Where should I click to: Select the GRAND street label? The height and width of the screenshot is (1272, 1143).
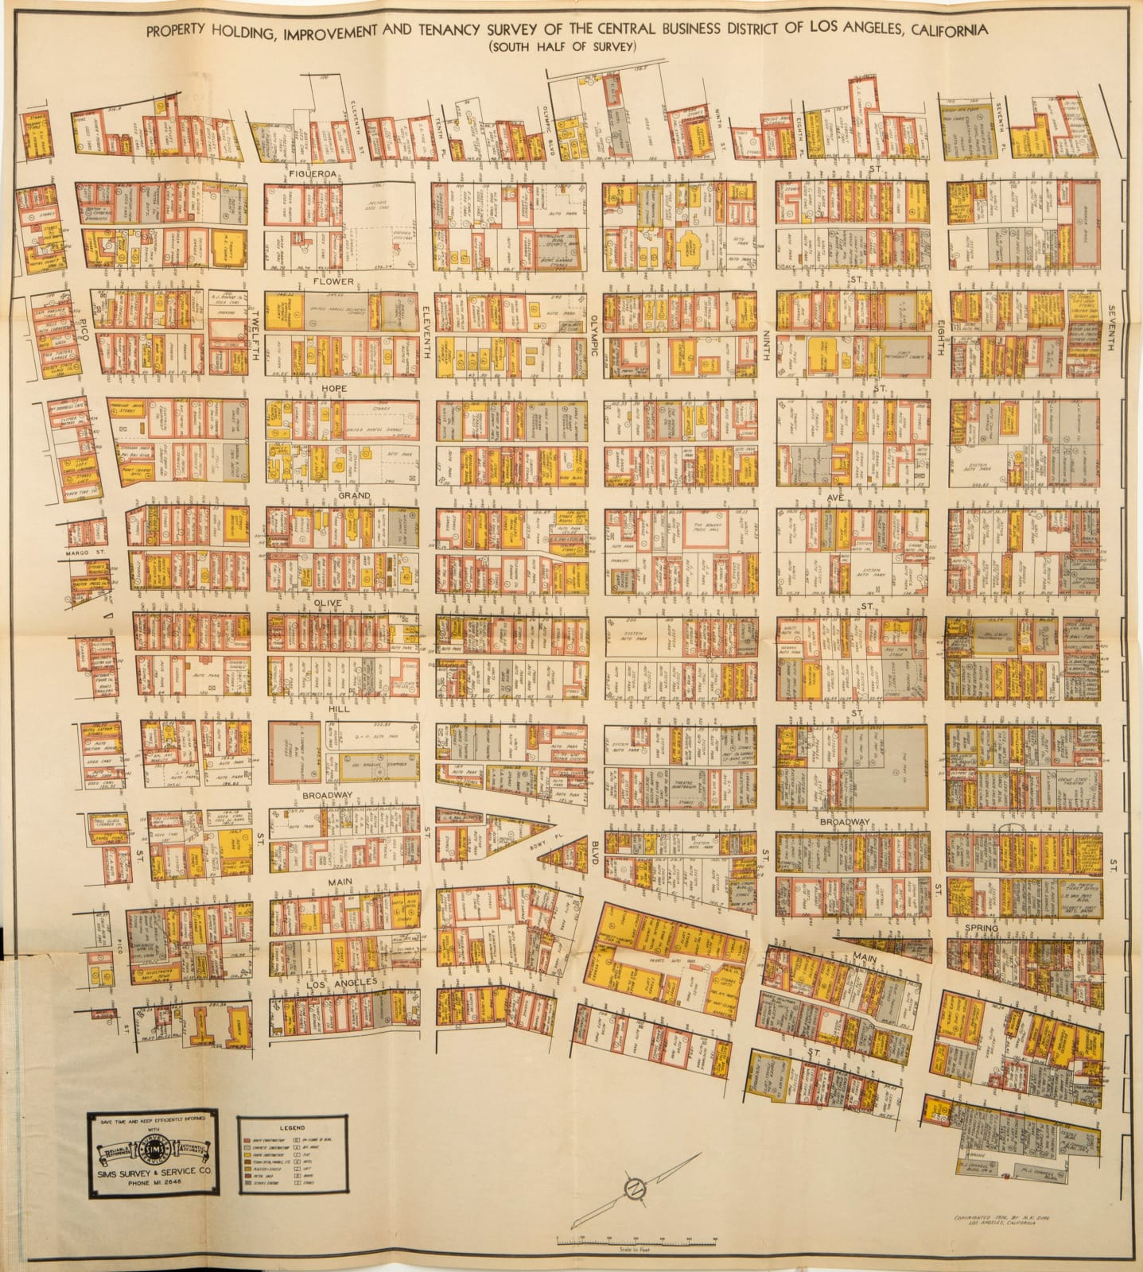click(355, 495)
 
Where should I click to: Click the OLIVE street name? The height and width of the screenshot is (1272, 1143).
click(328, 603)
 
